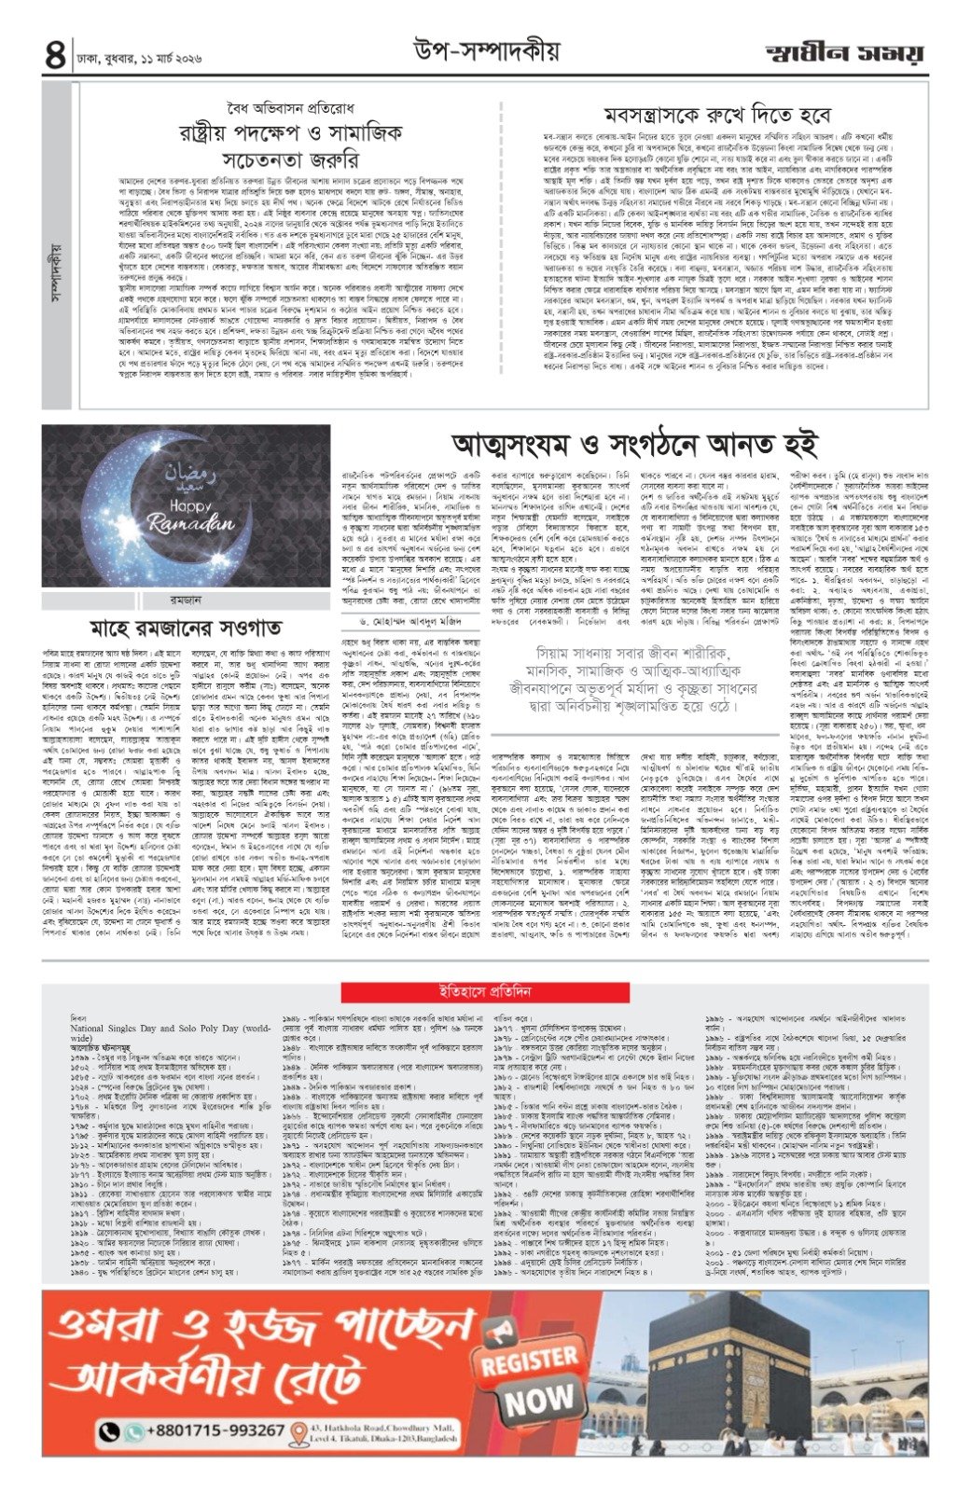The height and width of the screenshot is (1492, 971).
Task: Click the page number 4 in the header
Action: point(54,56)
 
